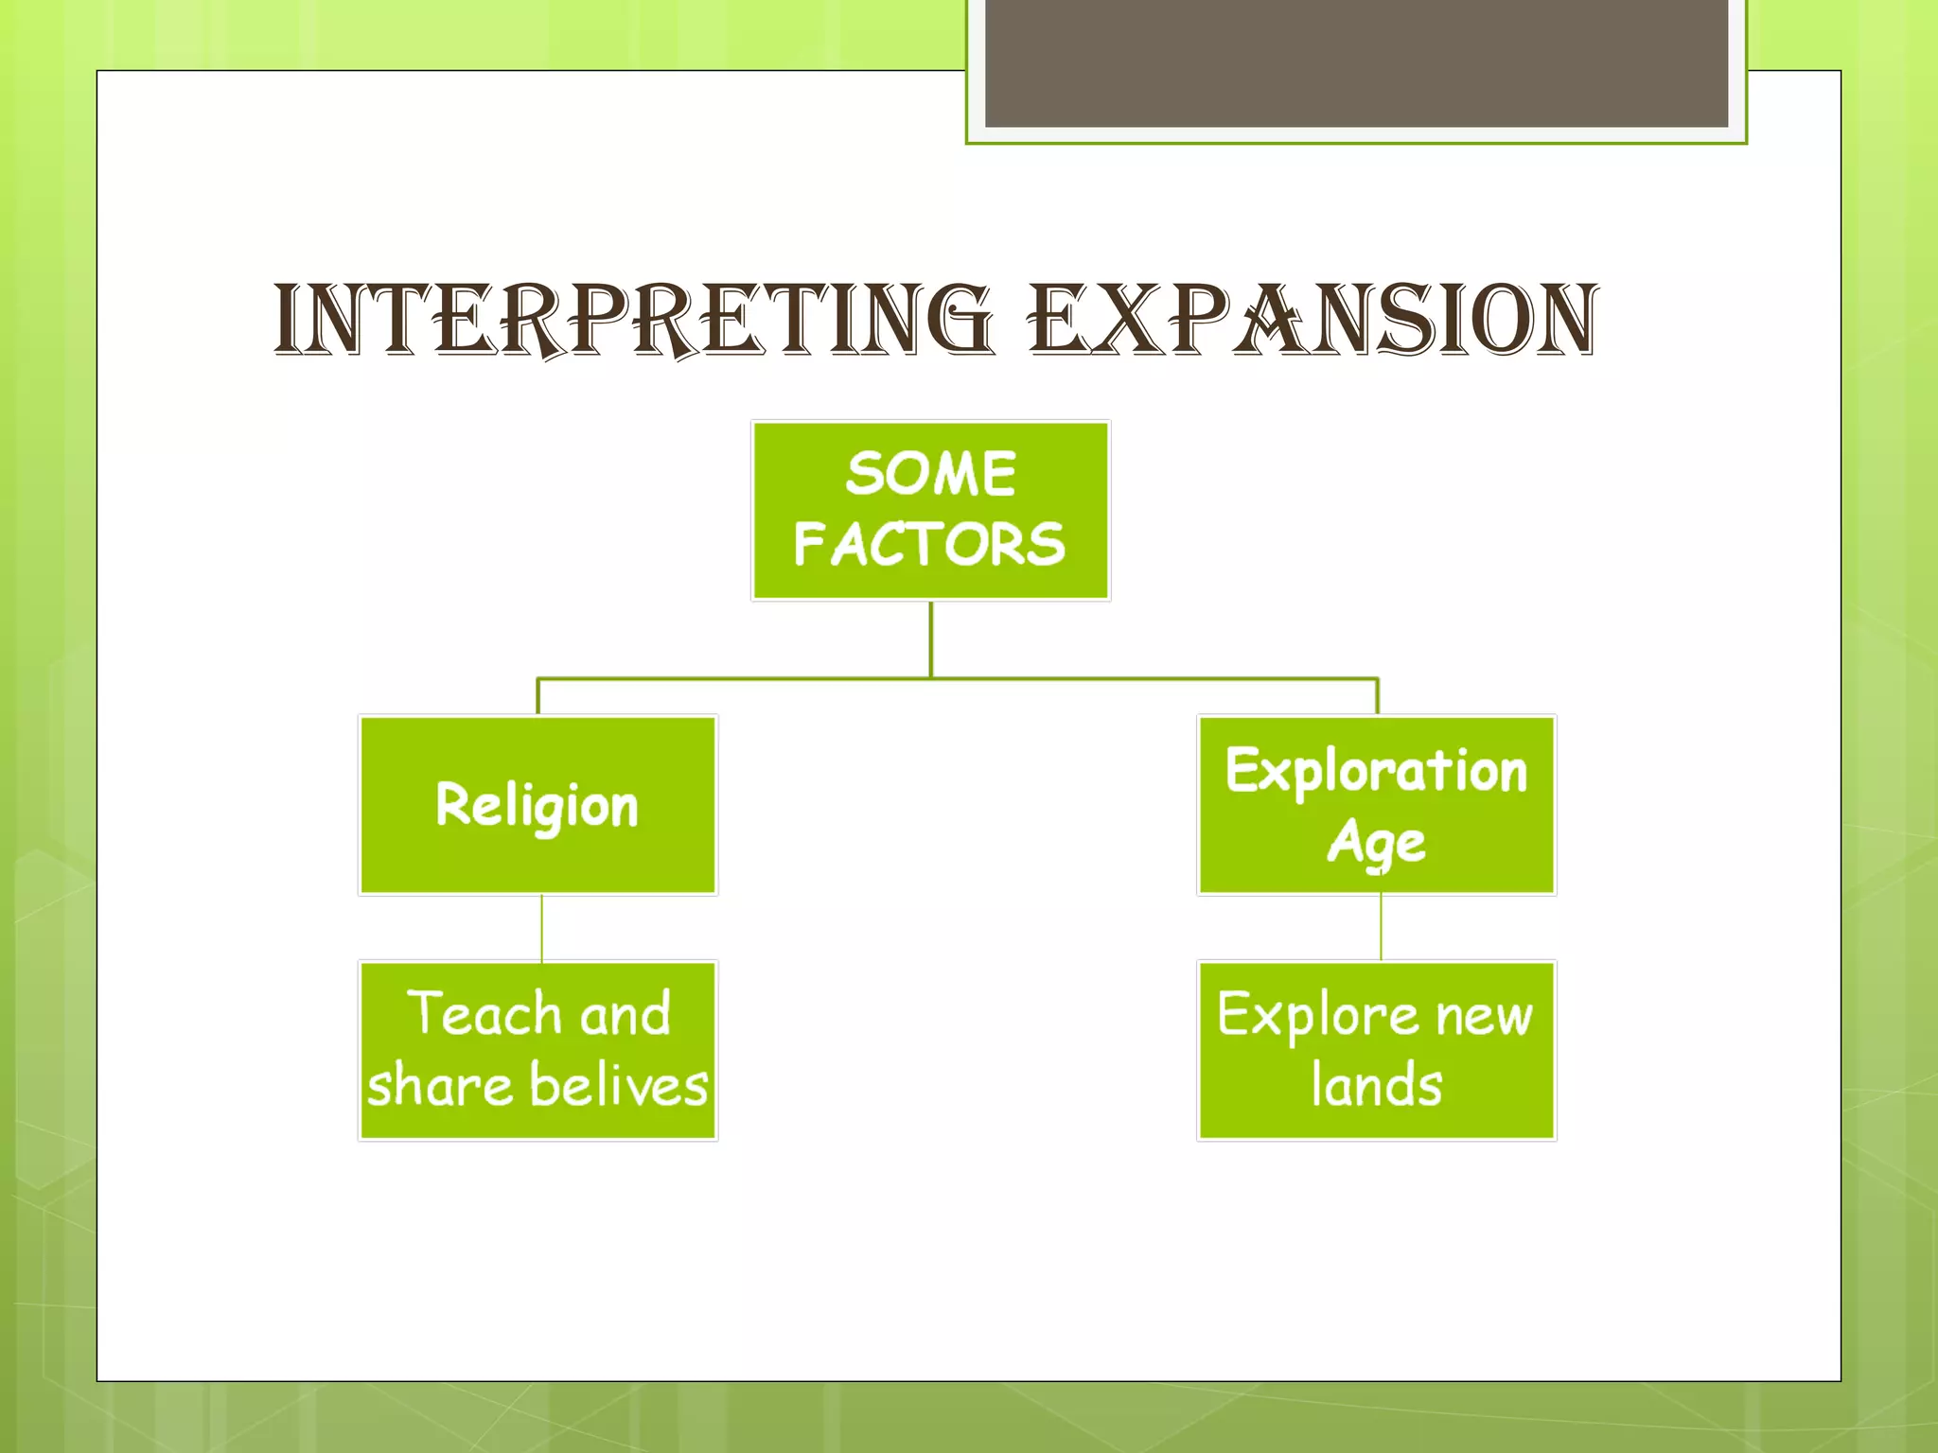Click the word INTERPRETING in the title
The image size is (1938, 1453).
[632, 322]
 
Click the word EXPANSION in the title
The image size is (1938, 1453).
[1313, 322]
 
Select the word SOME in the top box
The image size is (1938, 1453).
[931, 474]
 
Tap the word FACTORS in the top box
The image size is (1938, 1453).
[930, 545]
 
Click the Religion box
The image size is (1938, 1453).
[537, 805]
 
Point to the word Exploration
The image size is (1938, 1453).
[1376, 771]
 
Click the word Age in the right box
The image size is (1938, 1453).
[1376, 842]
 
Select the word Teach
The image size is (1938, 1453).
[485, 1014]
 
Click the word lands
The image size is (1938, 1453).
[1377, 1085]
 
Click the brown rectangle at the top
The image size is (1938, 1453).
[1356, 62]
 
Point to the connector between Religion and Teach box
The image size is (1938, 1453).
[541, 928]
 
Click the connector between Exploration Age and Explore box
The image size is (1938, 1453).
[1381, 928]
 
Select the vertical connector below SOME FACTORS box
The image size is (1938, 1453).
[931, 639]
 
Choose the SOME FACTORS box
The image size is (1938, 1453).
[931, 511]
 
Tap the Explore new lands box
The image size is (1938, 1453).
[1377, 1051]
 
